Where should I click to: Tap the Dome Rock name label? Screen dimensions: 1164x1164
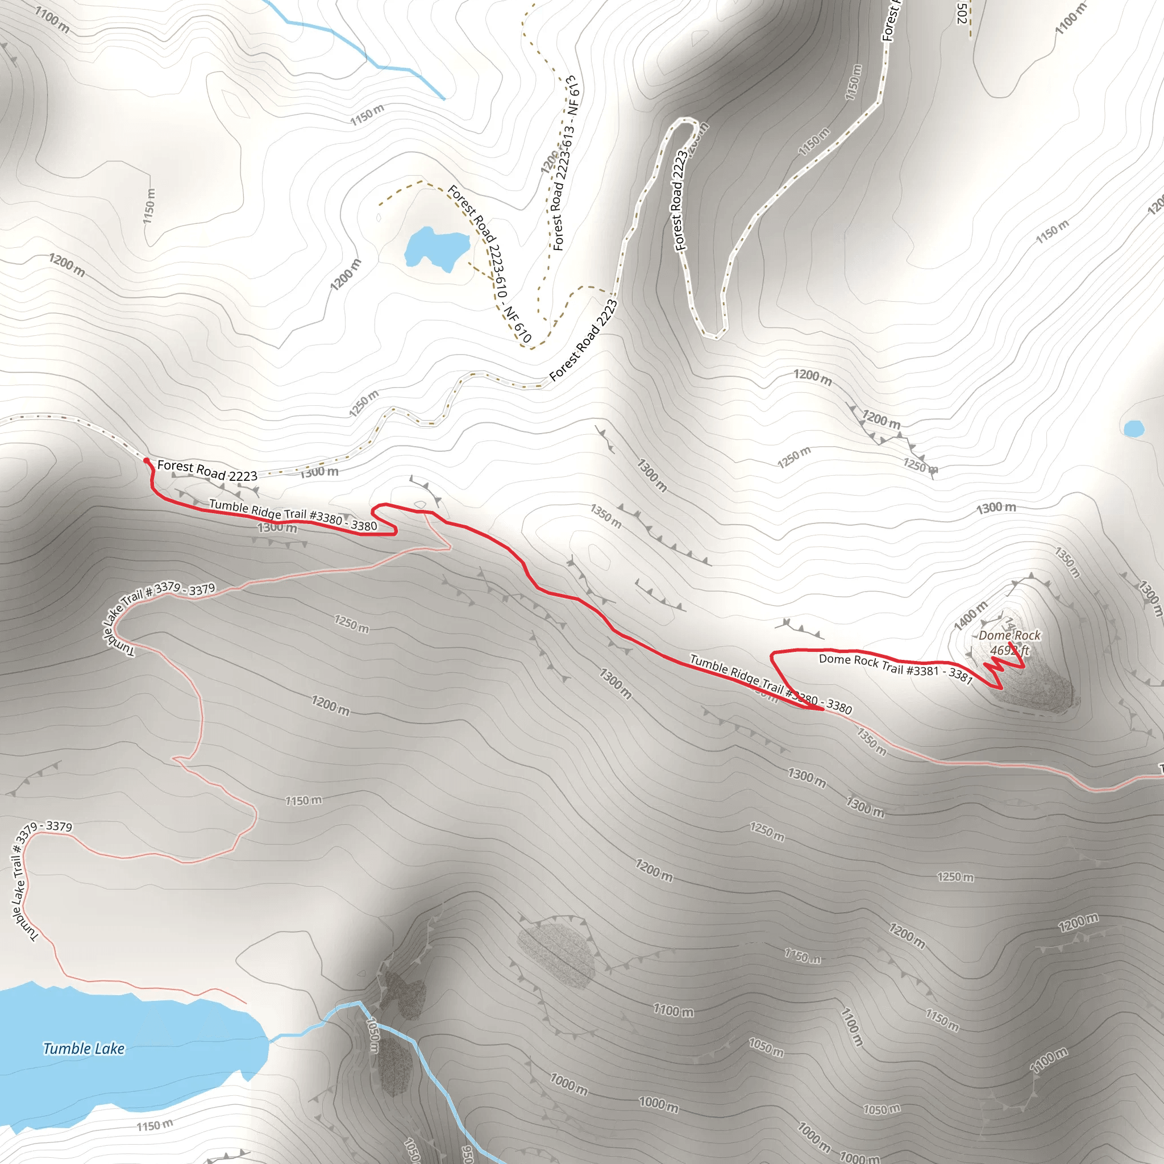tap(1009, 635)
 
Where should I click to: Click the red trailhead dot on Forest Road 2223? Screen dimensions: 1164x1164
tap(147, 461)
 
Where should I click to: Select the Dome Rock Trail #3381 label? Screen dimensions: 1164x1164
tap(895, 668)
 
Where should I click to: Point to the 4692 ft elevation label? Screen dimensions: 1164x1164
tap(1009, 651)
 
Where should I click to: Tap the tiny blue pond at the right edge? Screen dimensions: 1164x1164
tap(1133, 429)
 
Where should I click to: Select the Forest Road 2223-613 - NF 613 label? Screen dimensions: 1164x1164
tap(565, 163)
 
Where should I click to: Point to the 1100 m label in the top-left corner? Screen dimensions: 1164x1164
tap(52, 19)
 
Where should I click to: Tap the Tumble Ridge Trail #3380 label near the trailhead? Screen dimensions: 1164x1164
tap(293, 516)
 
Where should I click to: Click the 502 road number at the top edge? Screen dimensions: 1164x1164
tap(962, 13)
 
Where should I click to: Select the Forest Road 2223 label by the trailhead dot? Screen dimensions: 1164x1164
tap(207, 471)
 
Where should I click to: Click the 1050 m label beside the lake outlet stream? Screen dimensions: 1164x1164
tap(373, 1035)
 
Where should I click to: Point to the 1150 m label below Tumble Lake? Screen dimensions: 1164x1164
tap(154, 1125)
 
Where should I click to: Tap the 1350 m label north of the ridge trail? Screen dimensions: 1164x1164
tap(605, 516)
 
